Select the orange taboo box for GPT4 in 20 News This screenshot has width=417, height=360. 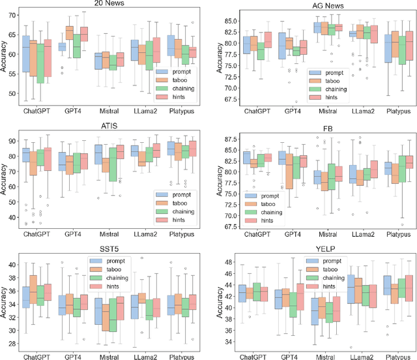click(x=70, y=33)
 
